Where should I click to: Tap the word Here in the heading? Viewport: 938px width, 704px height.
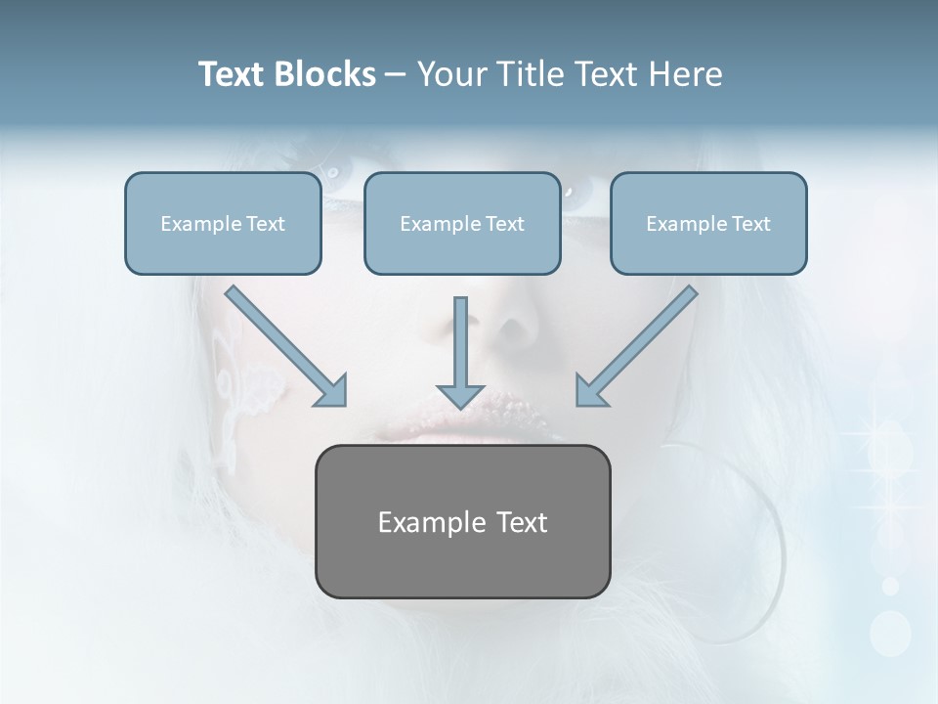pyautogui.click(x=685, y=74)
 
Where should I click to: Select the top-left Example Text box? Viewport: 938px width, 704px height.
pyautogui.click(x=223, y=223)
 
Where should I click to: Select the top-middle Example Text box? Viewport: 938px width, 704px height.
pyautogui.click(x=462, y=223)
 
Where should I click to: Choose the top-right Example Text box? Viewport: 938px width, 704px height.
pyautogui.click(x=708, y=223)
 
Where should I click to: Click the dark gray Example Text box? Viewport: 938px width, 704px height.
pyautogui.click(x=462, y=521)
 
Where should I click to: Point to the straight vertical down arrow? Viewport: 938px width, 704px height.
pyautogui.click(x=460, y=352)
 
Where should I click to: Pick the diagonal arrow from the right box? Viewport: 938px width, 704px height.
pyautogui.click(x=637, y=345)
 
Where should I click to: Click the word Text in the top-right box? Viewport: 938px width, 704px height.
pyautogui.click(x=751, y=224)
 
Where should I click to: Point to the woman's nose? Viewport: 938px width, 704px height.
pyautogui.click(x=513, y=332)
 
